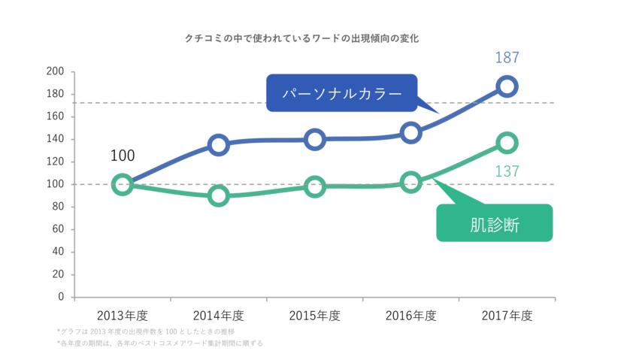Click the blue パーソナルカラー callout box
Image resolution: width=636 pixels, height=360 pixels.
coord(341,93)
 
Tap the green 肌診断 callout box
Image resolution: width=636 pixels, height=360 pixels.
coord(494,223)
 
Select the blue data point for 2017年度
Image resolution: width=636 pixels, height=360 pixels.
coord(507,86)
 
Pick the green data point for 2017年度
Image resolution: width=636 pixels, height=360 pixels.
coord(507,143)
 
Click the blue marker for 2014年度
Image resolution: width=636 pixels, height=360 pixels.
coord(219,145)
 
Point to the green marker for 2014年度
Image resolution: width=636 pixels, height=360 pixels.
coord(219,195)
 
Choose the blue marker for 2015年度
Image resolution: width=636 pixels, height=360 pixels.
coord(315,139)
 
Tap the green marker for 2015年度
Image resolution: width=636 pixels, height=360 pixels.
coord(315,186)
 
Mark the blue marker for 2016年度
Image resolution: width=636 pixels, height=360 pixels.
coord(410,133)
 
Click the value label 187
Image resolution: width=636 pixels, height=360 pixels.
coord(507,58)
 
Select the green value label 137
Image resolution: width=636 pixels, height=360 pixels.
coord(507,171)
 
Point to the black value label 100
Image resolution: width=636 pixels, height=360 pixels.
coord(123,156)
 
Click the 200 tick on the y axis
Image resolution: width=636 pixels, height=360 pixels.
coord(55,72)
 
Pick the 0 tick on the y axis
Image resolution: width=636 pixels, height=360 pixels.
coord(61,297)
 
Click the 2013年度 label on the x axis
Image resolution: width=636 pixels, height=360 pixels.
coord(123,316)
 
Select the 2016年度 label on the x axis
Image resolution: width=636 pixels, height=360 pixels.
coord(410,316)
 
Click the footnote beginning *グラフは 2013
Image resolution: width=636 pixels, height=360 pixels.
coord(146,331)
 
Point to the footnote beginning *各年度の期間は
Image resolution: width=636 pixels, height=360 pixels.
coord(159,343)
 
